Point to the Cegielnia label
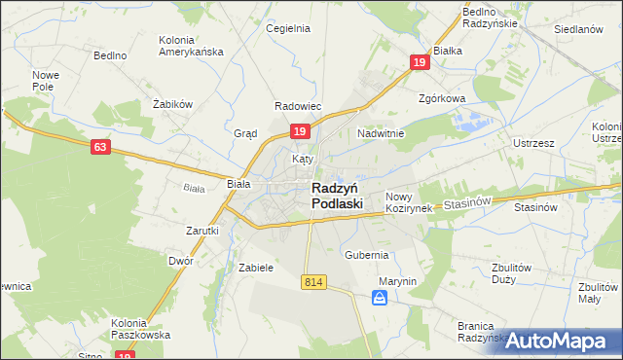click(288, 28)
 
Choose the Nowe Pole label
click(46, 81)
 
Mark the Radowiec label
click(298, 105)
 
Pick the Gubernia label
click(366, 254)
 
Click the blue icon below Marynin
click(380, 300)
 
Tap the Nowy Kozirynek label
click(408, 202)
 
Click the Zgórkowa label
click(442, 98)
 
